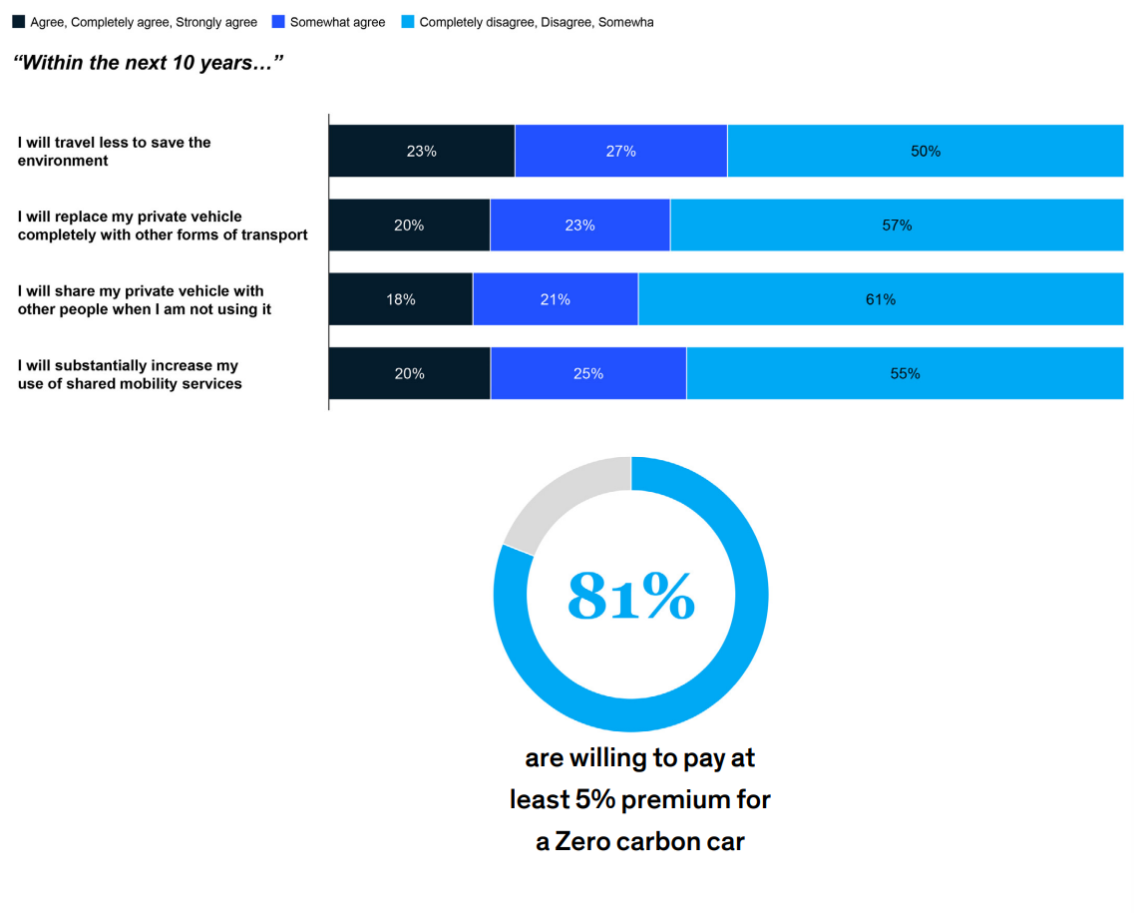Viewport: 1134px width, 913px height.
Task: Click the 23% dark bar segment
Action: [422, 151]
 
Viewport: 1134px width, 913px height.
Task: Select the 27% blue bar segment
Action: [621, 151]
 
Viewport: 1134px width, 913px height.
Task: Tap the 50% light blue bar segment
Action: [925, 151]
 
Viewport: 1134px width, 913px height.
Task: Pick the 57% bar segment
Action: [897, 225]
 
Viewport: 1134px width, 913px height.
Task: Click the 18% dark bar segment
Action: [401, 298]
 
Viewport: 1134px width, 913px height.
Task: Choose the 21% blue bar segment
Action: [556, 298]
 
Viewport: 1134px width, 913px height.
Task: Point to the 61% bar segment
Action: [881, 298]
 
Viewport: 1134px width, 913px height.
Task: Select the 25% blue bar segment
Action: [588, 373]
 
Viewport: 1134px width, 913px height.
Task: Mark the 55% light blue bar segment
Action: [905, 373]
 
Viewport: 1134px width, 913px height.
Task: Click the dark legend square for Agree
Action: [19, 22]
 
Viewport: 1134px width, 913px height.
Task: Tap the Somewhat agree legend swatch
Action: [278, 22]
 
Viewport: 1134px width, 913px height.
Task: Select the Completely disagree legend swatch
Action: [408, 22]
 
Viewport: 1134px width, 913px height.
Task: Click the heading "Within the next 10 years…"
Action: [149, 63]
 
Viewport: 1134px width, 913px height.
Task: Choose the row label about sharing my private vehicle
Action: [145, 300]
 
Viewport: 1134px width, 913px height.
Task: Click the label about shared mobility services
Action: [131, 375]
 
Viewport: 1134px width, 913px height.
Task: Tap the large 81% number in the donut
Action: [631, 596]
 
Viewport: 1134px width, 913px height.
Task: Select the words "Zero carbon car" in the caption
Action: [649, 841]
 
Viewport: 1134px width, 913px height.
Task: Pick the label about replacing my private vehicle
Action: [163, 226]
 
